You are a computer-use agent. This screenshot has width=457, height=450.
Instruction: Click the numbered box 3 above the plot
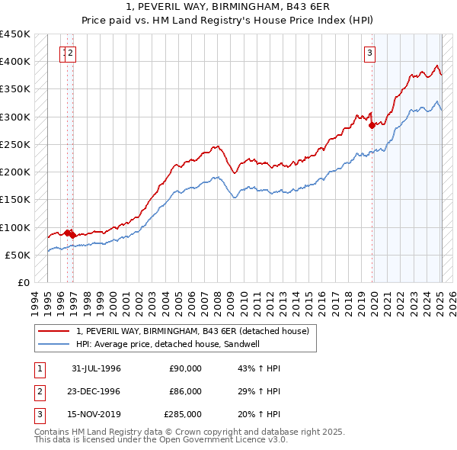tap(369, 53)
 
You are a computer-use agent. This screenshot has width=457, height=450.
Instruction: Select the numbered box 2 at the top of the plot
tap(70, 53)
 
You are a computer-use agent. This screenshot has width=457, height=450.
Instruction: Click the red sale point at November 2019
tap(372, 126)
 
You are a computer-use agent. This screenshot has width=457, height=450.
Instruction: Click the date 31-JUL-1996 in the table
tap(97, 368)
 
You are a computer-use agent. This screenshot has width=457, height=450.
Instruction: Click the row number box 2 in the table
tap(38, 391)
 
